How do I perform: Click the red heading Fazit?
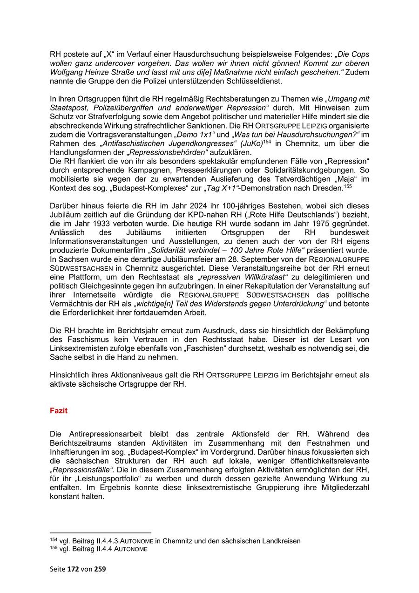(59, 411)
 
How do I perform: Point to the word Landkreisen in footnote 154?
(281, 541)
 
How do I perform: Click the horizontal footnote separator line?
(101, 532)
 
